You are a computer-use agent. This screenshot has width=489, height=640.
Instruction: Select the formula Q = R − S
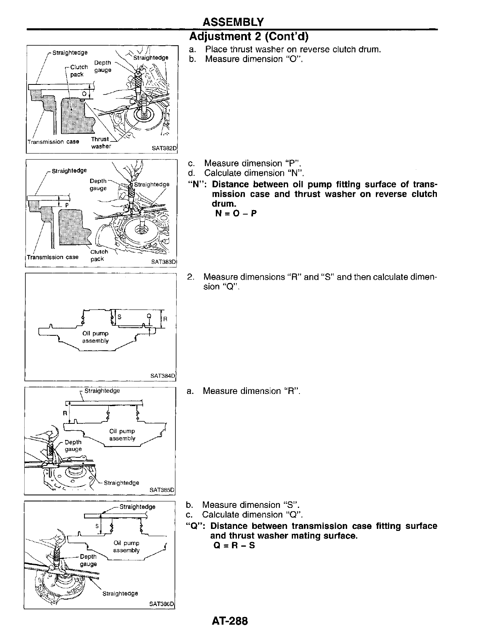click(234, 545)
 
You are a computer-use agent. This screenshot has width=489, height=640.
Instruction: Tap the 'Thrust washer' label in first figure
click(100, 143)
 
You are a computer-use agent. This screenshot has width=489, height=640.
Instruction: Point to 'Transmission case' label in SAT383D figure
click(53, 257)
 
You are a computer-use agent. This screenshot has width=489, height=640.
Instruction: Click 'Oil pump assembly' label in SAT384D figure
click(95, 337)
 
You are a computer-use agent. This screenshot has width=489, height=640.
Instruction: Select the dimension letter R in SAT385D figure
click(64, 413)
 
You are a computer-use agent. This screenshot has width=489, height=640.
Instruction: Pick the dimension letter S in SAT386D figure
click(97, 526)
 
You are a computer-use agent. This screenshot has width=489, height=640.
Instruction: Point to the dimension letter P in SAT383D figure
click(67, 205)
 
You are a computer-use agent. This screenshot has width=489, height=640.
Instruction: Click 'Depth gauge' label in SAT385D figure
click(73, 445)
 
